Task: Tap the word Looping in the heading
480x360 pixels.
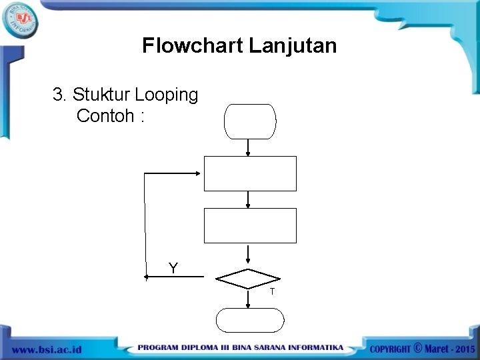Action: pyautogui.click(x=168, y=95)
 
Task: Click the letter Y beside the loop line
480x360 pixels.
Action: pyautogui.click(x=173, y=268)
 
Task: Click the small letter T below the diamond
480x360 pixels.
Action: pyautogui.click(x=272, y=292)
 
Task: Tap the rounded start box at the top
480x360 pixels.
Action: pyautogui.click(x=250, y=121)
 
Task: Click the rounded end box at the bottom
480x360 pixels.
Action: pyautogui.click(x=250, y=320)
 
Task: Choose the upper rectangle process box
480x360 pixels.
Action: pyautogui.click(x=250, y=173)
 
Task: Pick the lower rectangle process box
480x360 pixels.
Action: pyautogui.click(x=250, y=225)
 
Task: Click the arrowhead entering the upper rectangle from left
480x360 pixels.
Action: pyautogui.click(x=199, y=173)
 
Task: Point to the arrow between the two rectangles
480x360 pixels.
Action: pyautogui.click(x=248, y=199)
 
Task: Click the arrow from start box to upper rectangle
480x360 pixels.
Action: pyautogui.click(x=248, y=147)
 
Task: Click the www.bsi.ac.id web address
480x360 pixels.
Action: pyautogui.click(x=46, y=349)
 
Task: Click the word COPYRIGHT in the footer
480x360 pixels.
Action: pyautogui.click(x=390, y=349)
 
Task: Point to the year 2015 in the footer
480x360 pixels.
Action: pyautogui.click(x=461, y=349)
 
